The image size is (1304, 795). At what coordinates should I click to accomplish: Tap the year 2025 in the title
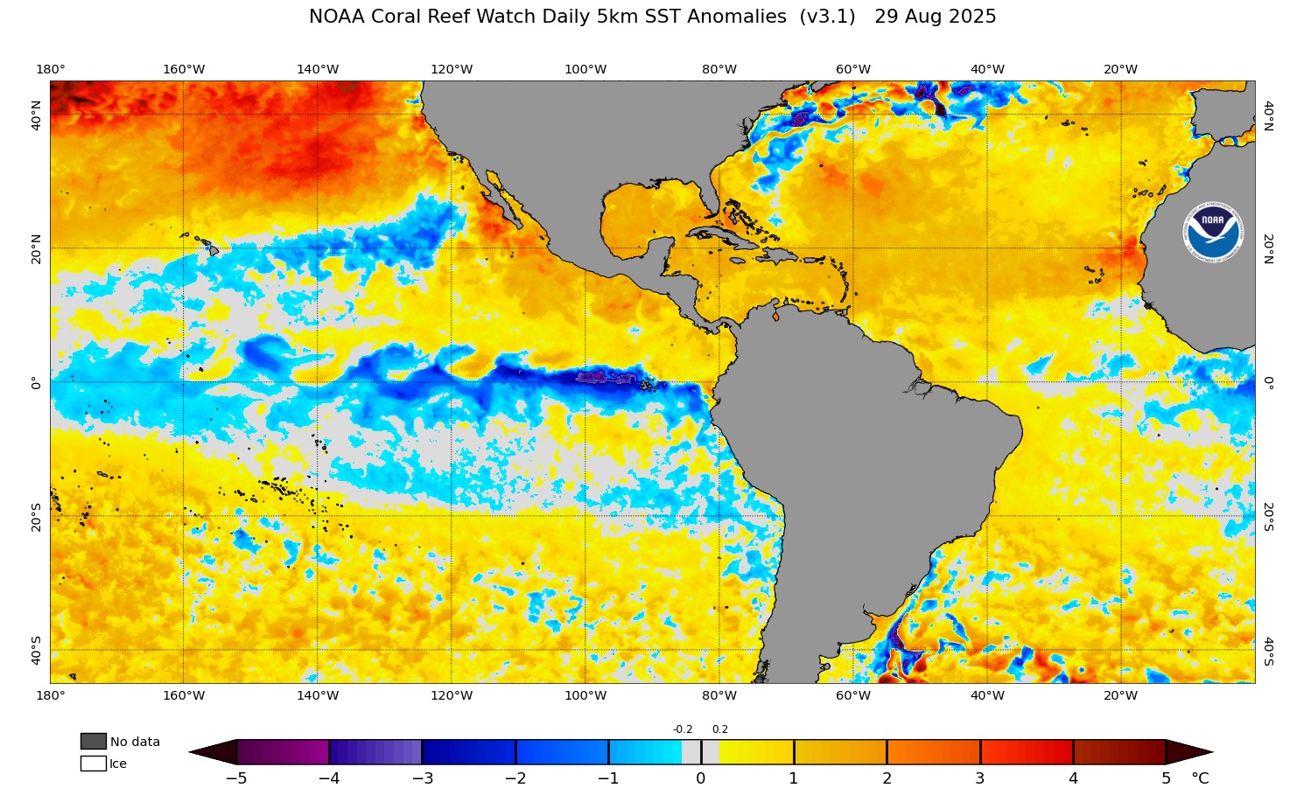(x=970, y=17)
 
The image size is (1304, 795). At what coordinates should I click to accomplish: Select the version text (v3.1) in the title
(x=827, y=17)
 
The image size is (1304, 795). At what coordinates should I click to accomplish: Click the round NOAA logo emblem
(x=1213, y=234)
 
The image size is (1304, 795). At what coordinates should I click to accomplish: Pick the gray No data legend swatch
(x=93, y=742)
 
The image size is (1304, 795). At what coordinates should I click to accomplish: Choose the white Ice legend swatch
(x=93, y=764)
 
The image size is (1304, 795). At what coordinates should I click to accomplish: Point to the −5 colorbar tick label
(x=236, y=778)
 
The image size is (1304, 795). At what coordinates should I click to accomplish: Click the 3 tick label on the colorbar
(x=980, y=778)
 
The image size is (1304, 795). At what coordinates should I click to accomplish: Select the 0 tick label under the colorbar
(x=701, y=778)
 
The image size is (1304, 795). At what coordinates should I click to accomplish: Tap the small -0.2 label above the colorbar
(x=683, y=729)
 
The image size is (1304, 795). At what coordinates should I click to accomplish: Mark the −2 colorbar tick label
(x=515, y=778)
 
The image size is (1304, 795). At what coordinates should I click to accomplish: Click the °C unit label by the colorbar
(x=1200, y=778)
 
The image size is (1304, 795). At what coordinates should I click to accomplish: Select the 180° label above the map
(x=50, y=70)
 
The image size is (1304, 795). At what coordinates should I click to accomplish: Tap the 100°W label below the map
(x=585, y=696)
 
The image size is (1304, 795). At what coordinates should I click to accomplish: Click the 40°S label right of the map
(x=1267, y=652)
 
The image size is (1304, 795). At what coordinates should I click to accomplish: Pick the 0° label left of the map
(x=36, y=382)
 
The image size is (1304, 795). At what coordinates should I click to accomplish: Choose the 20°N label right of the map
(x=1267, y=249)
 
